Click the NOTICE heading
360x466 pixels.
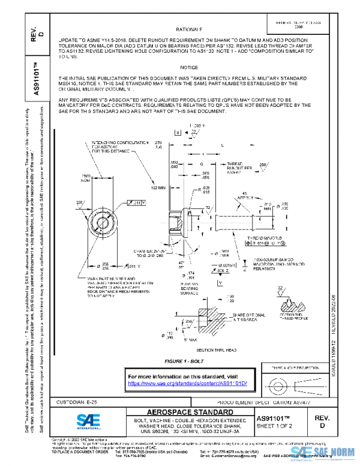pyautogui.click(x=188, y=67)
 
